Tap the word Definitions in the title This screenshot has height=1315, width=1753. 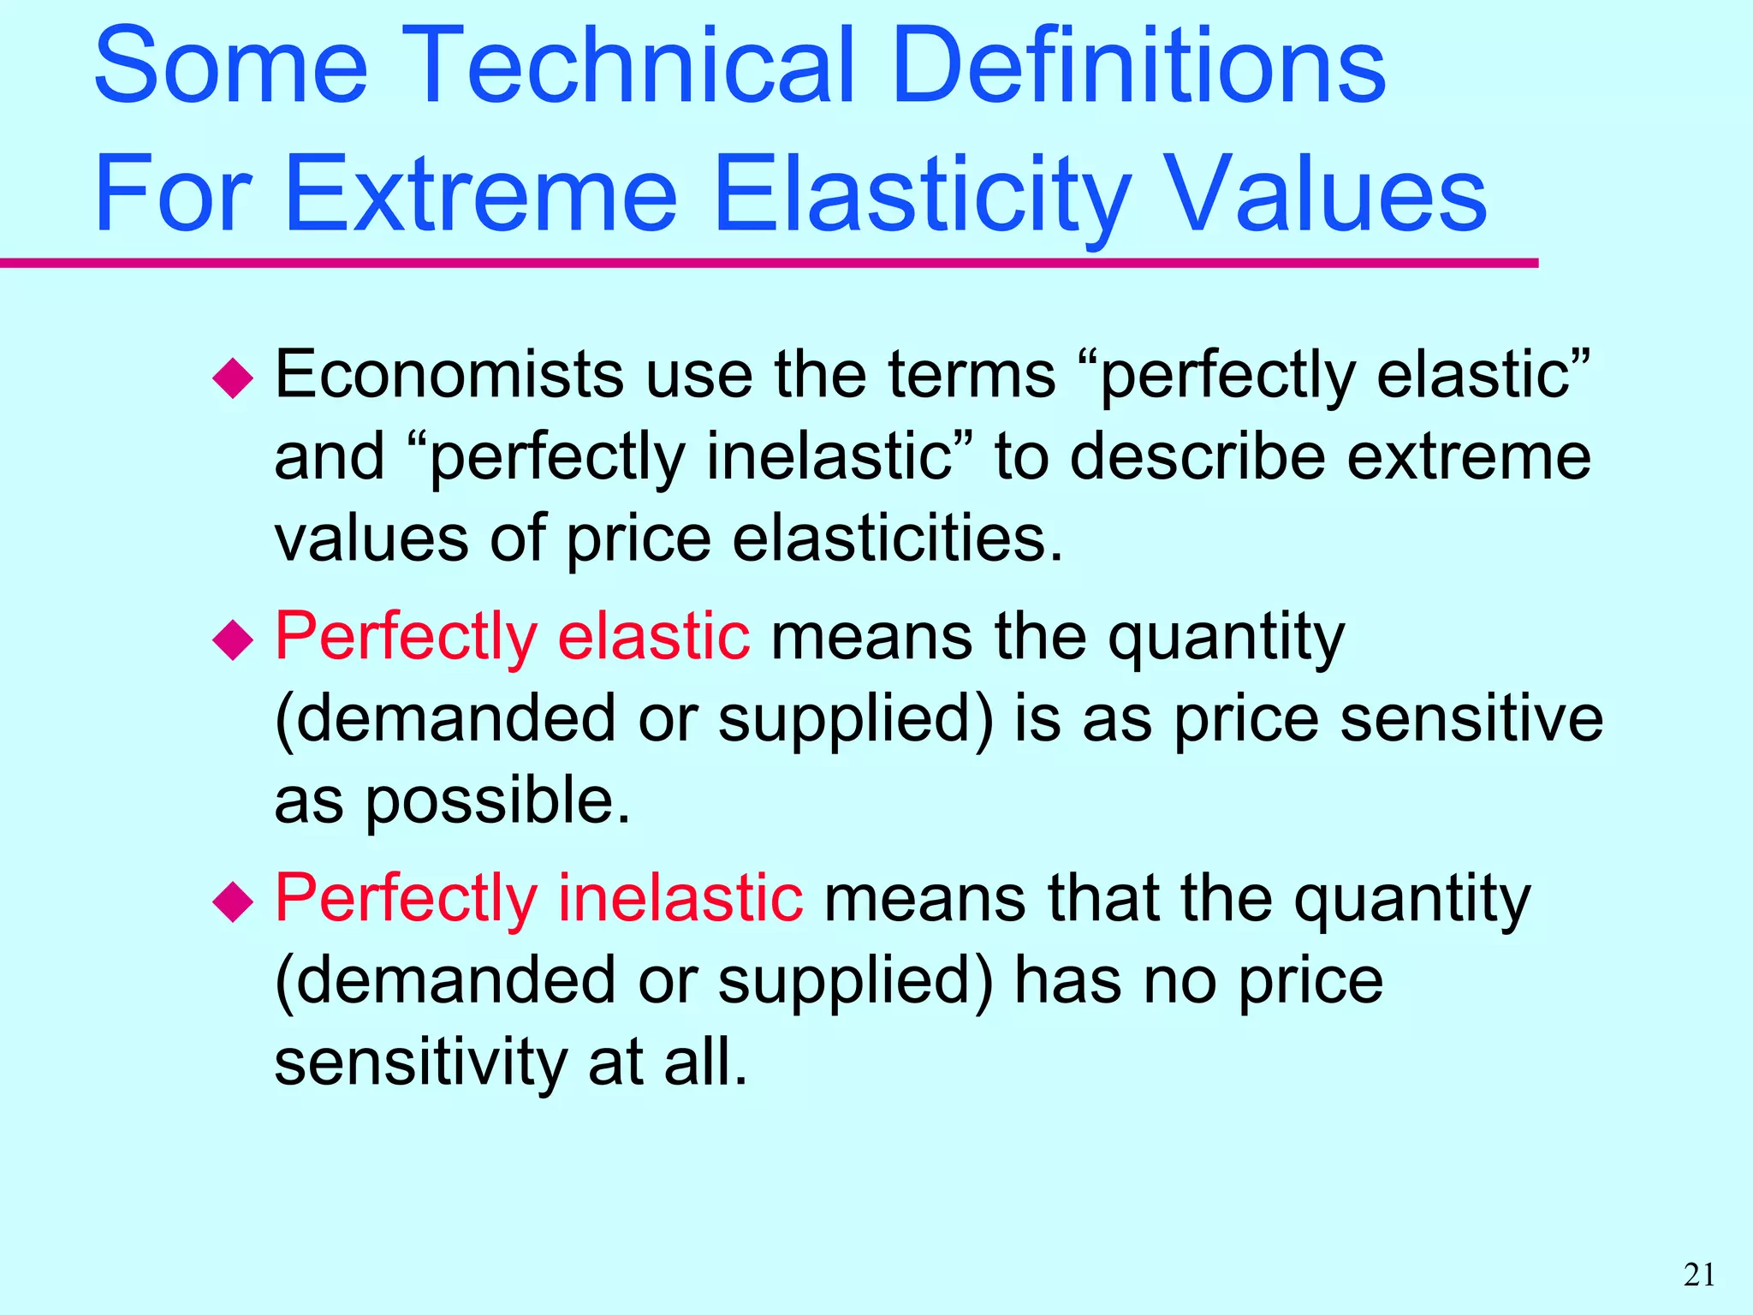click(x=1138, y=67)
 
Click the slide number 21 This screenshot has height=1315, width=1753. click(x=1699, y=1275)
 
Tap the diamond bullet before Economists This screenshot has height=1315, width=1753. click(x=233, y=378)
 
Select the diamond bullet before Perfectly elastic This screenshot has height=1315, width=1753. click(x=233, y=640)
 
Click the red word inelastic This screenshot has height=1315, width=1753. click(x=680, y=898)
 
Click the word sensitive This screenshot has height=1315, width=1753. click(x=1471, y=718)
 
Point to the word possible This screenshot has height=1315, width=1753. click(x=497, y=801)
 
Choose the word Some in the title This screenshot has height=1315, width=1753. click(x=231, y=67)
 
